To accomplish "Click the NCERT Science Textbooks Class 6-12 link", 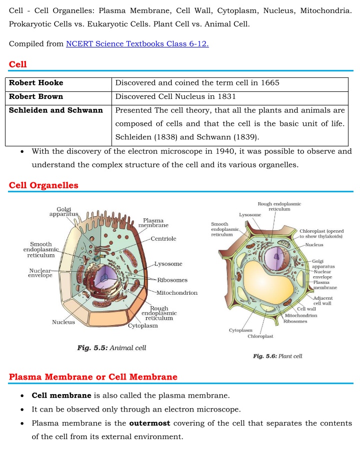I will coord(137,44).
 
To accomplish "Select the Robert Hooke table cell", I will coord(36,83).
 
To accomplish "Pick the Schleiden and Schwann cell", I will coord(56,110).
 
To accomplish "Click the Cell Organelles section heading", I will coord(43,185).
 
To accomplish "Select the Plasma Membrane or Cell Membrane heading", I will coord(93,377).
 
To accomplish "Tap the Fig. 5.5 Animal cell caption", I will coord(111,348).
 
